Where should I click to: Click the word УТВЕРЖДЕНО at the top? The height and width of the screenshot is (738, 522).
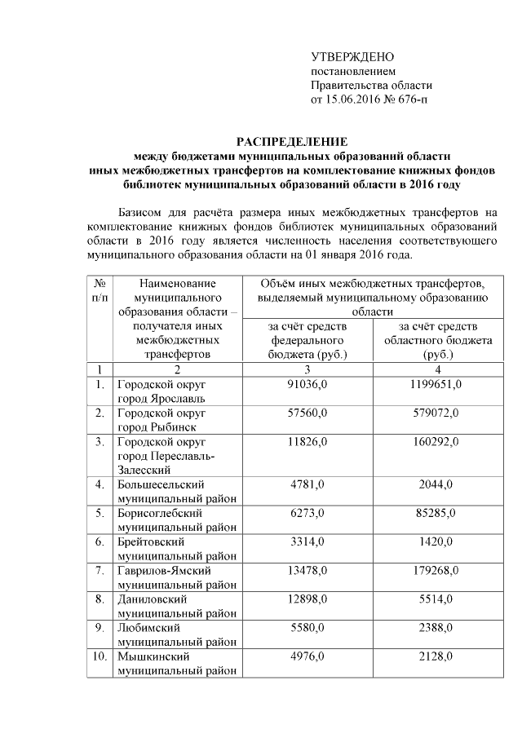click(352, 57)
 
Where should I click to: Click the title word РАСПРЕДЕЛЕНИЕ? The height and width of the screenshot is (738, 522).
click(292, 141)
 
